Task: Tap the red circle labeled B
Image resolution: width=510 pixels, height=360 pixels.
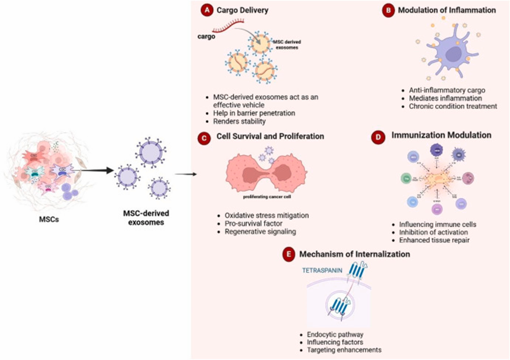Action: tap(388, 11)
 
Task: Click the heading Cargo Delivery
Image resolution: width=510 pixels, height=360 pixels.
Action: tap(242, 11)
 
